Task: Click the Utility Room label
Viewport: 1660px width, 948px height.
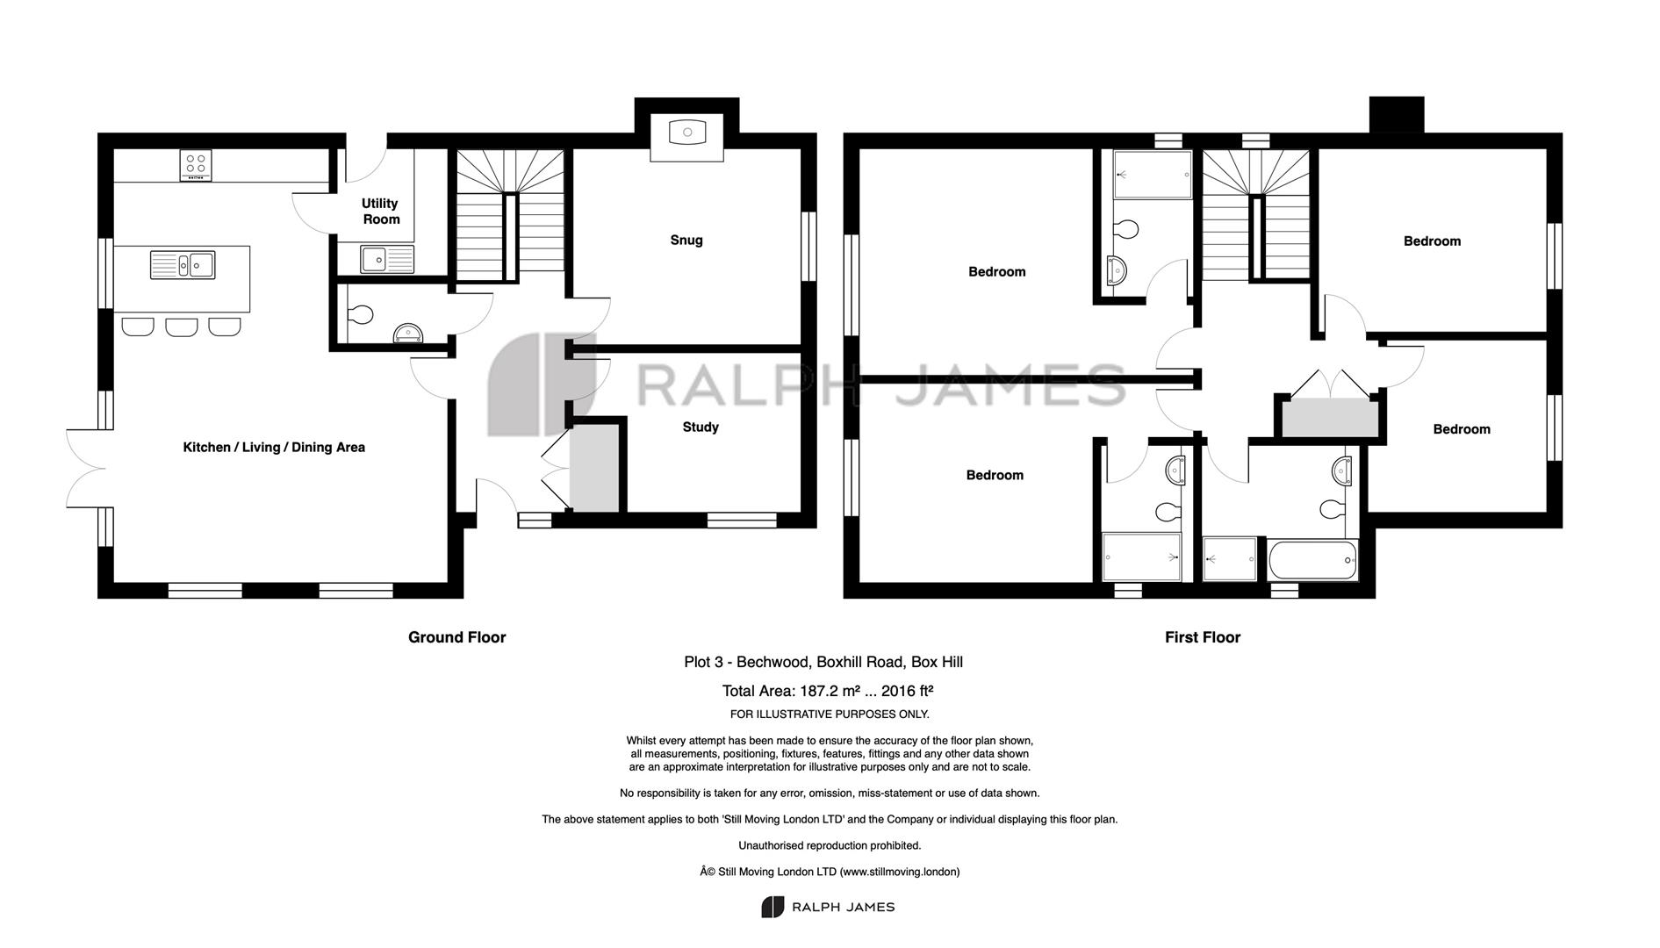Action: pyautogui.click(x=381, y=212)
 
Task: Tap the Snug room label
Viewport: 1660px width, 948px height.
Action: pyautogui.click(x=686, y=241)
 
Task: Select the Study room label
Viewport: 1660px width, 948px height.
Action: pyautogui.click(x=701, y=427)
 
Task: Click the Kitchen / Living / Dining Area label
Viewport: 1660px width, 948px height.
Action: pyautogui.click(x=274, y=448)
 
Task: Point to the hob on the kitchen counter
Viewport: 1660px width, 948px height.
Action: pyautogui.click(x=195, y=165)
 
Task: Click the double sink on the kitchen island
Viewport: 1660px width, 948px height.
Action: pyautogui.click(x=183, y=265)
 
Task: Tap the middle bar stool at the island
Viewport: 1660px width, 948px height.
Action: pyautogui.click(x=182, y=327)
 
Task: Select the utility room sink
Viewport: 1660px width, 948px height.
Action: pyautogui.click(x=386, y=259)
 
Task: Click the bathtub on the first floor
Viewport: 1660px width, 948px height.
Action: pyautogui.click(x=1312, y=559)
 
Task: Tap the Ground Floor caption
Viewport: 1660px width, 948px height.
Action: pyautogui.click(x=457, y=637)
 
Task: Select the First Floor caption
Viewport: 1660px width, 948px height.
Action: pyautogui.click(x=1203, y=637)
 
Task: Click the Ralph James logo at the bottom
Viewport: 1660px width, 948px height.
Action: pyautogui.click(x=828, y=908)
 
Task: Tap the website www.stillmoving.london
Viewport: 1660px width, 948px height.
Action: pyautogui.click(x=900, y=873)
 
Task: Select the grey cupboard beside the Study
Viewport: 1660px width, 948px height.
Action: pyautogui.click(x=594, y=469)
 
